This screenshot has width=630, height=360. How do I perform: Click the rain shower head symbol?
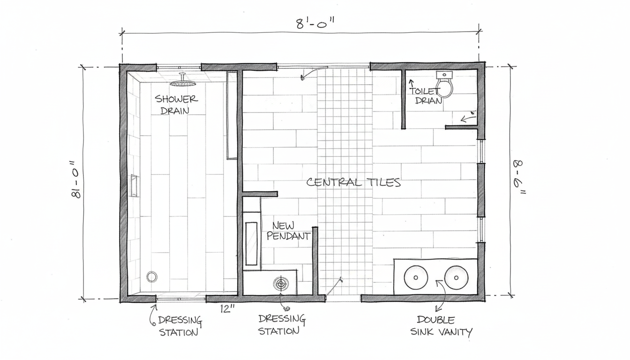182,83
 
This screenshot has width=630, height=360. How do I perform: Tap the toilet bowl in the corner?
444,88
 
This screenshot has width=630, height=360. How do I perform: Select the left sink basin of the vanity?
416,277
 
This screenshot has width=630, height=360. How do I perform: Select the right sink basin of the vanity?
456,277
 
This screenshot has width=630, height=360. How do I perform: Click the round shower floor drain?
151,277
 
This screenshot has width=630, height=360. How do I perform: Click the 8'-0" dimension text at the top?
315,23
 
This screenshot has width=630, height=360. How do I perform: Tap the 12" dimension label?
227,309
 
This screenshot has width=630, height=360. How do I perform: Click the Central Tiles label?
353,182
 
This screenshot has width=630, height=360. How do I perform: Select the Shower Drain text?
176,105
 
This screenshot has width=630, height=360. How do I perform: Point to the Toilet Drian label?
425,96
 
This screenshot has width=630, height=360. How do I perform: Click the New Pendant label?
288,231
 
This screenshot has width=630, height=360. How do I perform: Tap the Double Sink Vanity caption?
441,326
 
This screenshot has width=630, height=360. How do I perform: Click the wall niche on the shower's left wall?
134,185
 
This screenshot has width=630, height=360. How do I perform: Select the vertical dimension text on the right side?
518,177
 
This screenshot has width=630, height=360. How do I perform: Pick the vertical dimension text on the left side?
75,179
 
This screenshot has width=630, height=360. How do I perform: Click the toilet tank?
444,75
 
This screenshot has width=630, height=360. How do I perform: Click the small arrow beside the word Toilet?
412,83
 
